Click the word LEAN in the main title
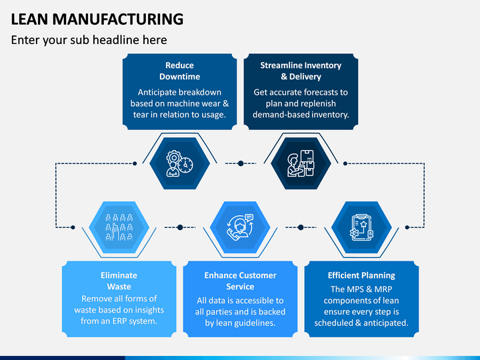tap(29, 19)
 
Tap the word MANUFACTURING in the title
tap(118, 19)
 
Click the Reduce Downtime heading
tap(180, 71)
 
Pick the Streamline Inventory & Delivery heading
tap(301, 71)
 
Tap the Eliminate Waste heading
tap(119, 281)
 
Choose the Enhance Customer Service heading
tap(240, 281)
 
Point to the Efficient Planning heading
tap(361, 275)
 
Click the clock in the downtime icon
tap(186, 165)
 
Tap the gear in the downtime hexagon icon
tap(174, 157)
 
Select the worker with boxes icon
tap(301, 163)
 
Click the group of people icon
tap(119, 227)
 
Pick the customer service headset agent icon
tap(240, 227)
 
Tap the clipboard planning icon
tap(361, 227)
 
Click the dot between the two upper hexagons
tap(241, 163)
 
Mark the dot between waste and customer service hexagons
tap(180, 227)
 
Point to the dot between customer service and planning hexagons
tap(301, 227)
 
